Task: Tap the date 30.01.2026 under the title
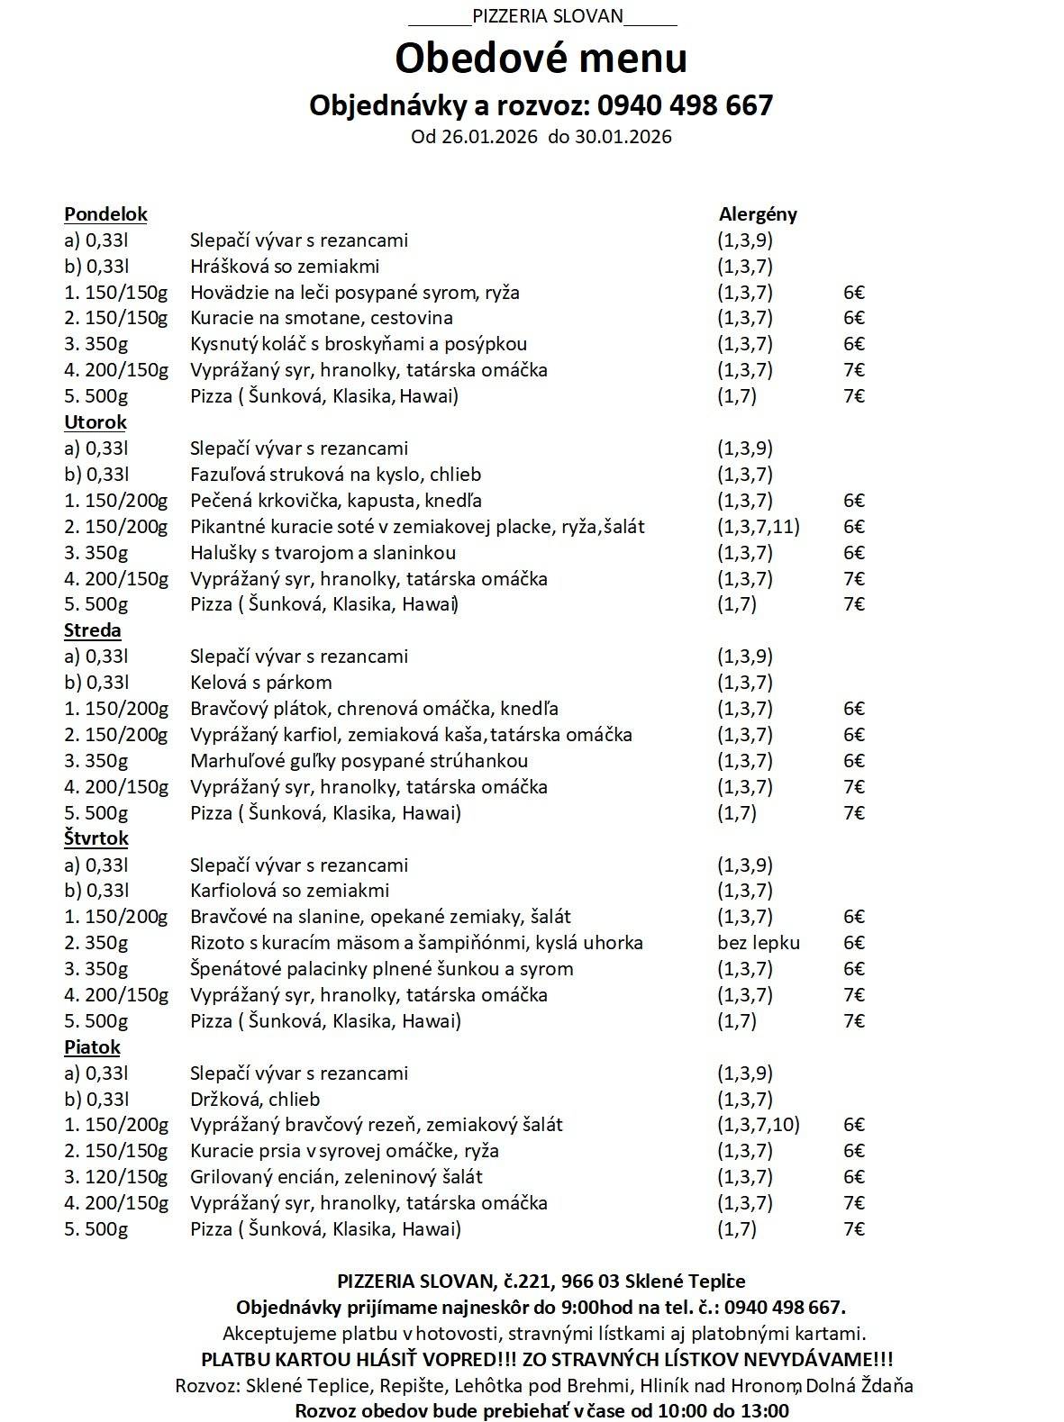click(623, 137)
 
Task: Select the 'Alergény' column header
click(758, 214)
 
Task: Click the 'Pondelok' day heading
click(105, 214)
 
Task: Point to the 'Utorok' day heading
click(95, 422)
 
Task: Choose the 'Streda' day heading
click(93, 630)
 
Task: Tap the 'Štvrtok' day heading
click(96, 838)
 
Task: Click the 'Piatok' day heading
click(92, 1047)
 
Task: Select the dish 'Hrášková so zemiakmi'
click(285, 267)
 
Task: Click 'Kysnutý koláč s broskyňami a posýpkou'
click(359, 344)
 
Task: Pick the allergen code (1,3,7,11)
click(759, 527)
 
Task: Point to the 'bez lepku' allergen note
click(759, 943)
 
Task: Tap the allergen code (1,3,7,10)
click(759, 1125)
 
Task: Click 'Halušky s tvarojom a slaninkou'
click(323, 553)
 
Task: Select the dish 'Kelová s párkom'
click(261, 683)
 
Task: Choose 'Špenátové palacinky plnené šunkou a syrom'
click(382, 969)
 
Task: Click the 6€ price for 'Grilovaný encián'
click(854, 1177)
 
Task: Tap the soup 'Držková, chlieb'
click(255, 1100)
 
